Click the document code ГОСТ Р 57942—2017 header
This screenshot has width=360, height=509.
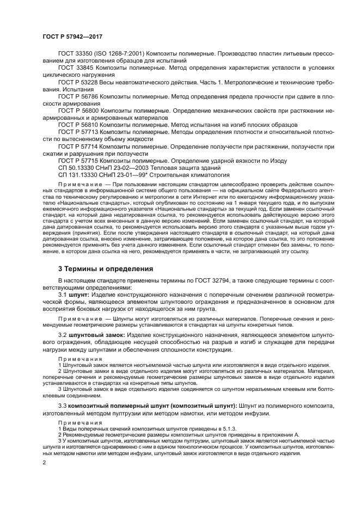click(72, 36)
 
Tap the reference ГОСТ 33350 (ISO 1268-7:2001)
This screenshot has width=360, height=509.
click(103, 54)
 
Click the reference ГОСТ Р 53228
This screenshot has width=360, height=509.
click(80, 81)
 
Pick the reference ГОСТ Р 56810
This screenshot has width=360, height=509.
click(80, 124)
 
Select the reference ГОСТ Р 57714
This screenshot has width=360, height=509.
click(80, 146)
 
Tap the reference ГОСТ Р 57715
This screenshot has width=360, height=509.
click(80, 161)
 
